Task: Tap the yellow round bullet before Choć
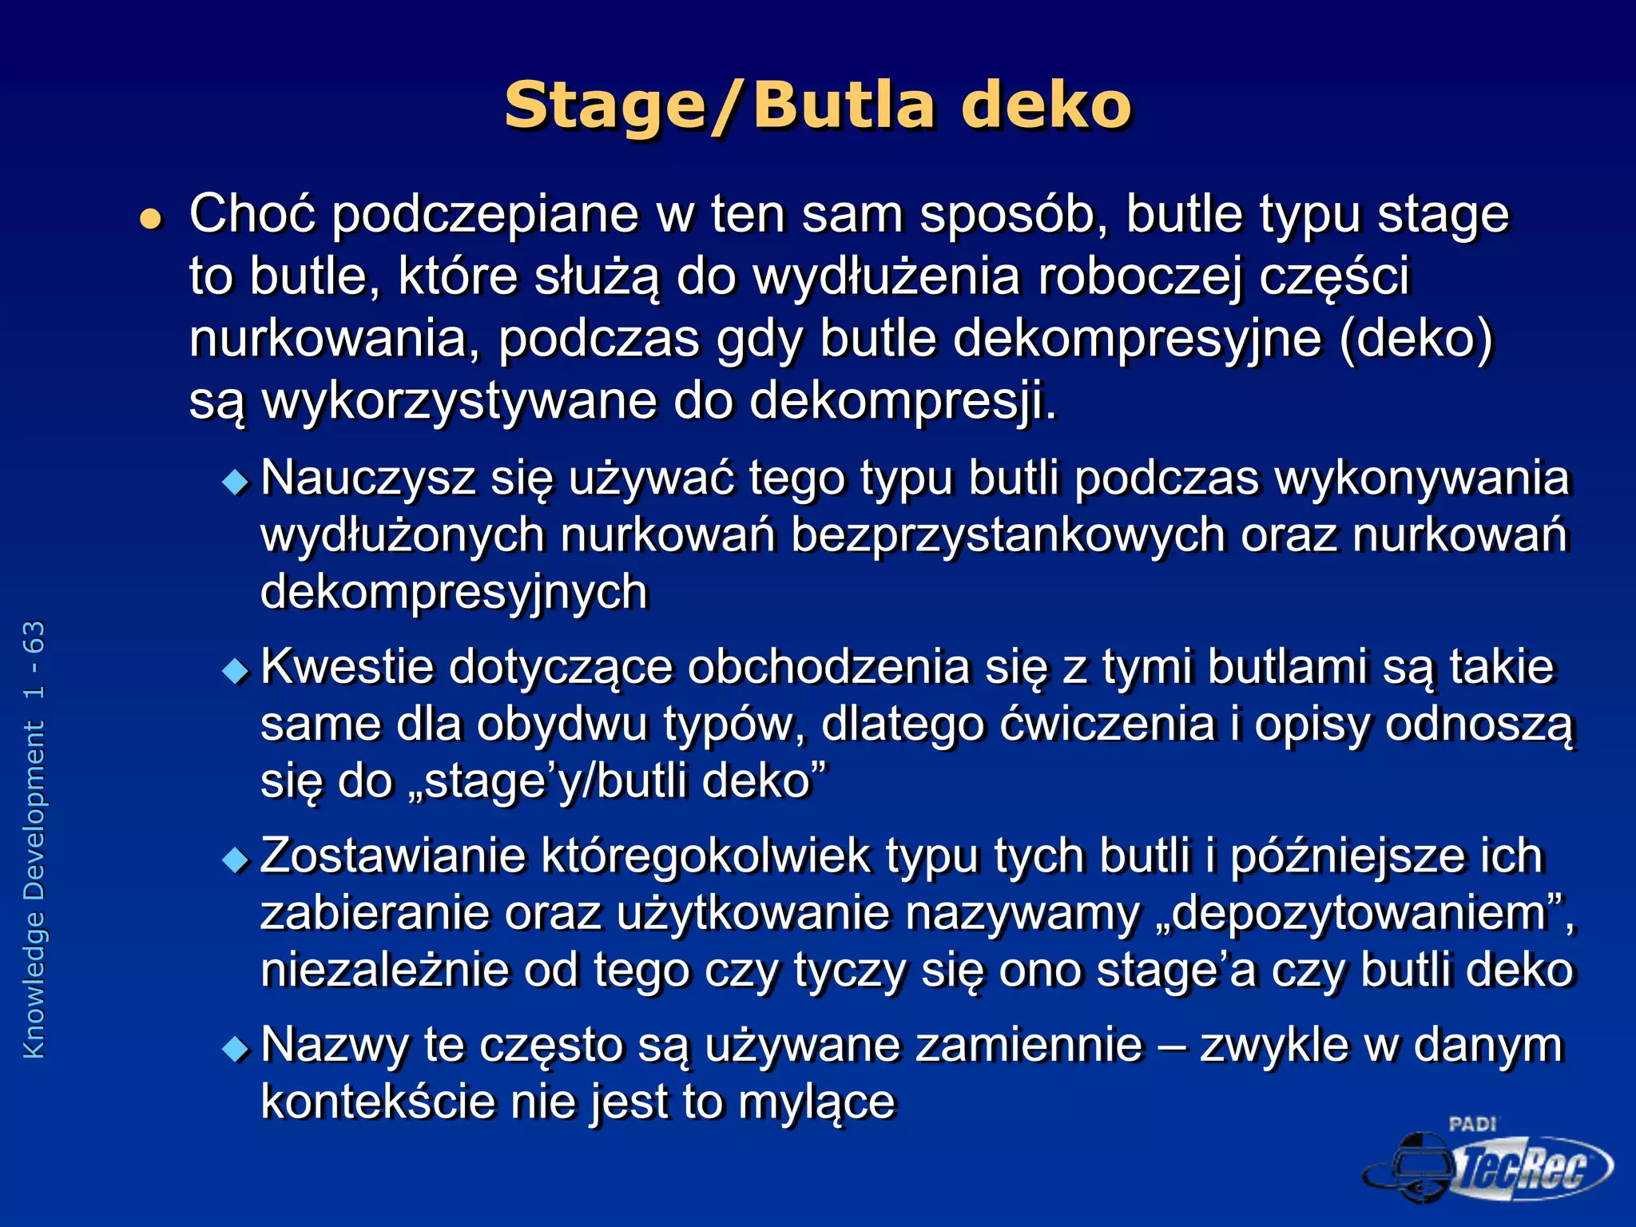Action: (x=150, y=219)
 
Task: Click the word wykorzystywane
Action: (x=459, y=401)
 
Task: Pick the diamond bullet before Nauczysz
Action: (x=236, y=482)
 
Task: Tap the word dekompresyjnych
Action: (x=454, y=593)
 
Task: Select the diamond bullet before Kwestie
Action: (x=236, y=670)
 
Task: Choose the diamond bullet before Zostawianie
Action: (x=236, y=860)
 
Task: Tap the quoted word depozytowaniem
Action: (x=1359, y=913)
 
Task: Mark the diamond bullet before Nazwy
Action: (x=236, y=1048)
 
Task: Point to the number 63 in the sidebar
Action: (x=34, y=637)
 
